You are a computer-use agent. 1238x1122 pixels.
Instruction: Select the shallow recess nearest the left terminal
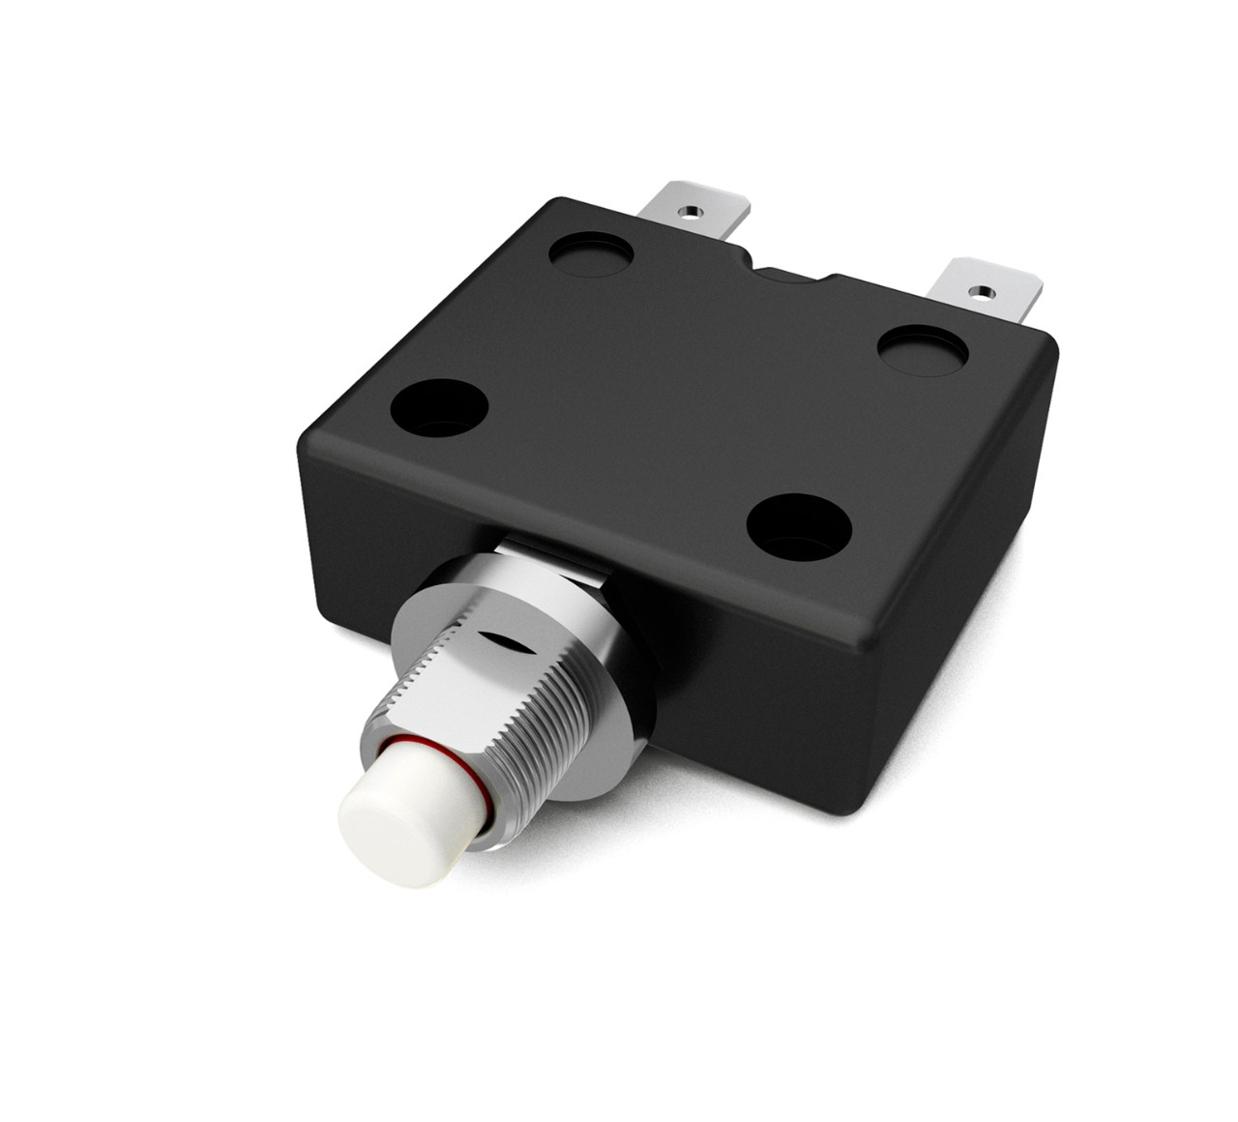590,253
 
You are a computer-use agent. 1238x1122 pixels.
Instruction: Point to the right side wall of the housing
967,513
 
